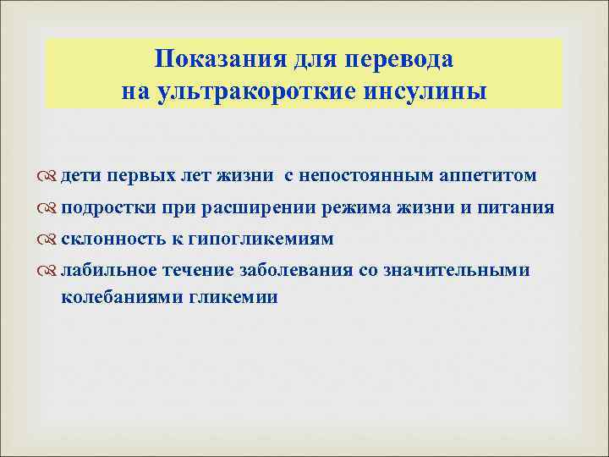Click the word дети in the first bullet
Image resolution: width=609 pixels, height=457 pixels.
click(80, 175)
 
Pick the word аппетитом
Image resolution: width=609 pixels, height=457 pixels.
click(489, 175)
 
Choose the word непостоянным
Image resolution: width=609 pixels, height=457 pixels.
click(365, 175)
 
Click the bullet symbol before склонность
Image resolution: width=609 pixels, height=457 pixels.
click(50, 240)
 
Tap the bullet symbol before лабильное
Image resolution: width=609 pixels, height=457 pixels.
click(50, 271)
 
